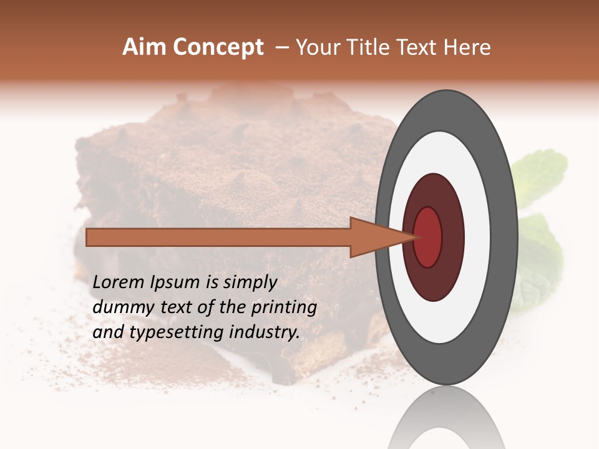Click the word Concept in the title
coord(219,48)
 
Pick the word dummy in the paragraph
coord(120,307)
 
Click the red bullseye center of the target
coord(428,237)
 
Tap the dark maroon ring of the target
coord(451,237)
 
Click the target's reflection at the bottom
coord(446,421)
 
